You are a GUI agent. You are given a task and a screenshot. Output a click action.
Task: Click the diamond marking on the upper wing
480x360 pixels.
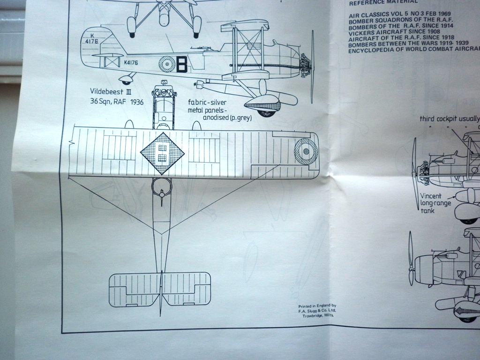tap(162, 153)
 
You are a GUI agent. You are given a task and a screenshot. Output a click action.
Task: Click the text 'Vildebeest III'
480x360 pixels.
tap(111, 91)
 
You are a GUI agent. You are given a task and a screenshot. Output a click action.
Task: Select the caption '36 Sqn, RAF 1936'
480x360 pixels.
tap(117, 101)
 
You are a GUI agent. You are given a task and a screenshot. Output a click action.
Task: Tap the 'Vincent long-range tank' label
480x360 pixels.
tap(435, 203)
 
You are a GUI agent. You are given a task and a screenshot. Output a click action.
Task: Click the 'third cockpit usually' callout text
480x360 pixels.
tap(449, 119)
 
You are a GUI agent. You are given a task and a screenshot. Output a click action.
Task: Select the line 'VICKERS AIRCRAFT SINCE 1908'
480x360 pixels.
tap(394, 32)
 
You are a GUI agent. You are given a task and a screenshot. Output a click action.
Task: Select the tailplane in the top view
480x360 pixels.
tap(160, 289)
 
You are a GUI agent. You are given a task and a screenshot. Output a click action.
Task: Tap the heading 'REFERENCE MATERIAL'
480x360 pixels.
tap(383, 2)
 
